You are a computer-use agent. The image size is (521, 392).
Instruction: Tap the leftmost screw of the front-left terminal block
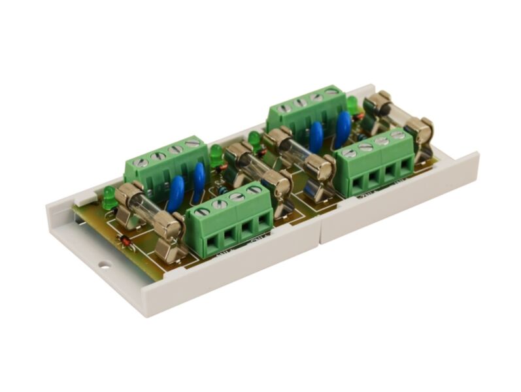click(x=202, y=212)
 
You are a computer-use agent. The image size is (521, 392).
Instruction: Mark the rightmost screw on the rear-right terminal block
click(x=333, y=93)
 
